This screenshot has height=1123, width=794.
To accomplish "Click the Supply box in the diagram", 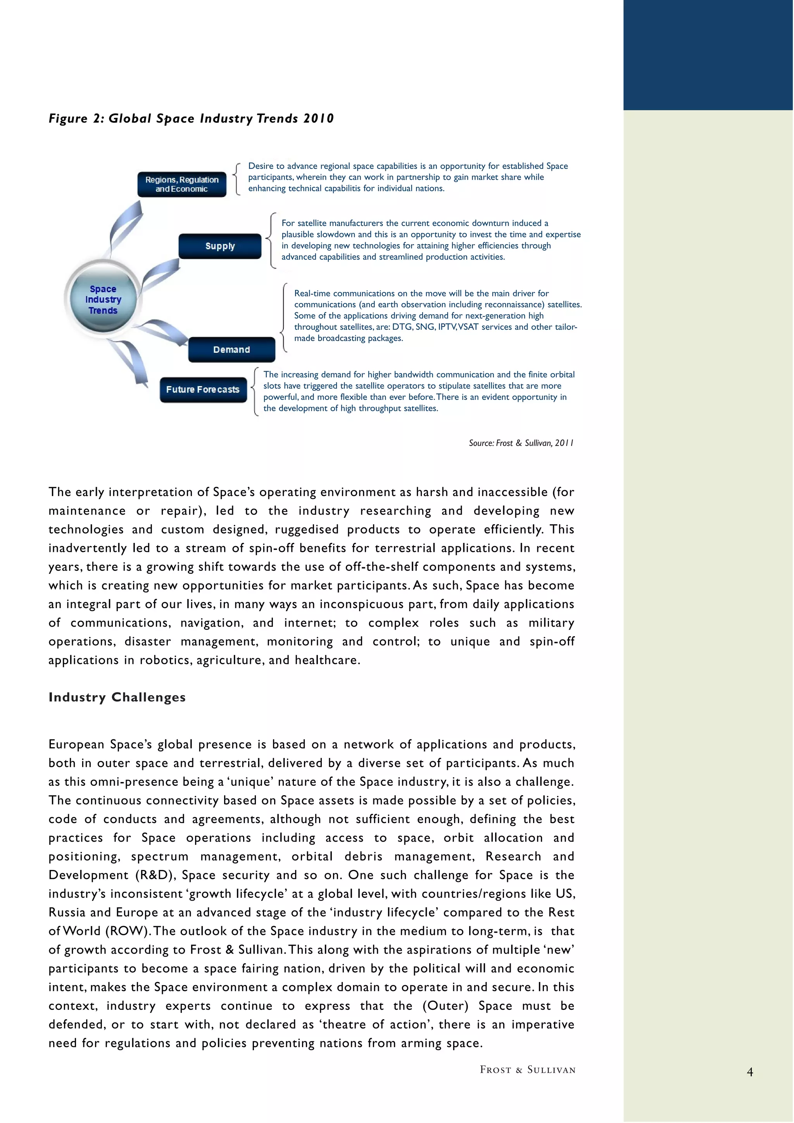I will (220, 246).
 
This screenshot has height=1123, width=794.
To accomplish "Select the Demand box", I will (231, 350).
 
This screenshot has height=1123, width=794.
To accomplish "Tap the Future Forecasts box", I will (203, 389).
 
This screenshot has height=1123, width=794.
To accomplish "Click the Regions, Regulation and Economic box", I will (181, 184).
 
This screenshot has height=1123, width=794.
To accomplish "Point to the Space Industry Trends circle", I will (103, 299).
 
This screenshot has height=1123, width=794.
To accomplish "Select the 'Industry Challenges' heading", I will (117, 697).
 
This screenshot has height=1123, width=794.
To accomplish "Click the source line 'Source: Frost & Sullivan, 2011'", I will (521, 443).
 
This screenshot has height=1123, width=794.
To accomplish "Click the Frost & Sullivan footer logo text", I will (527, 1070).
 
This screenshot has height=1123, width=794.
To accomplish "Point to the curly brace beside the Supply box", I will (271, 240).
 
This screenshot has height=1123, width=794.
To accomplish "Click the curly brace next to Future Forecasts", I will (254, 391).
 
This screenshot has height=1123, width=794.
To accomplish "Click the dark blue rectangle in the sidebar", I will (708, 55).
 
